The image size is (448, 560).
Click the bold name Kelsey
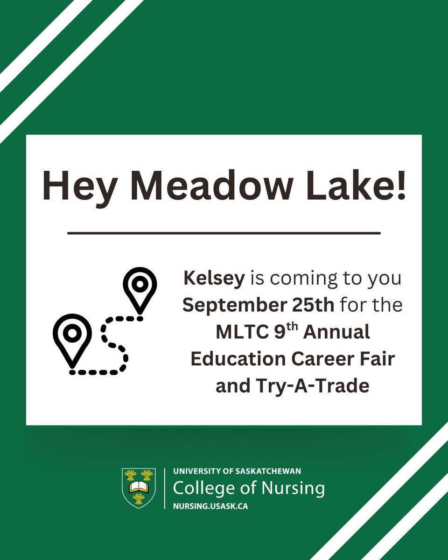214,280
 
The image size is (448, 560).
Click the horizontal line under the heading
224,232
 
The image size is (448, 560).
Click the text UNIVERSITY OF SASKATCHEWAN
237,472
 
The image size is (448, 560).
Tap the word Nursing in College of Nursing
292,489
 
